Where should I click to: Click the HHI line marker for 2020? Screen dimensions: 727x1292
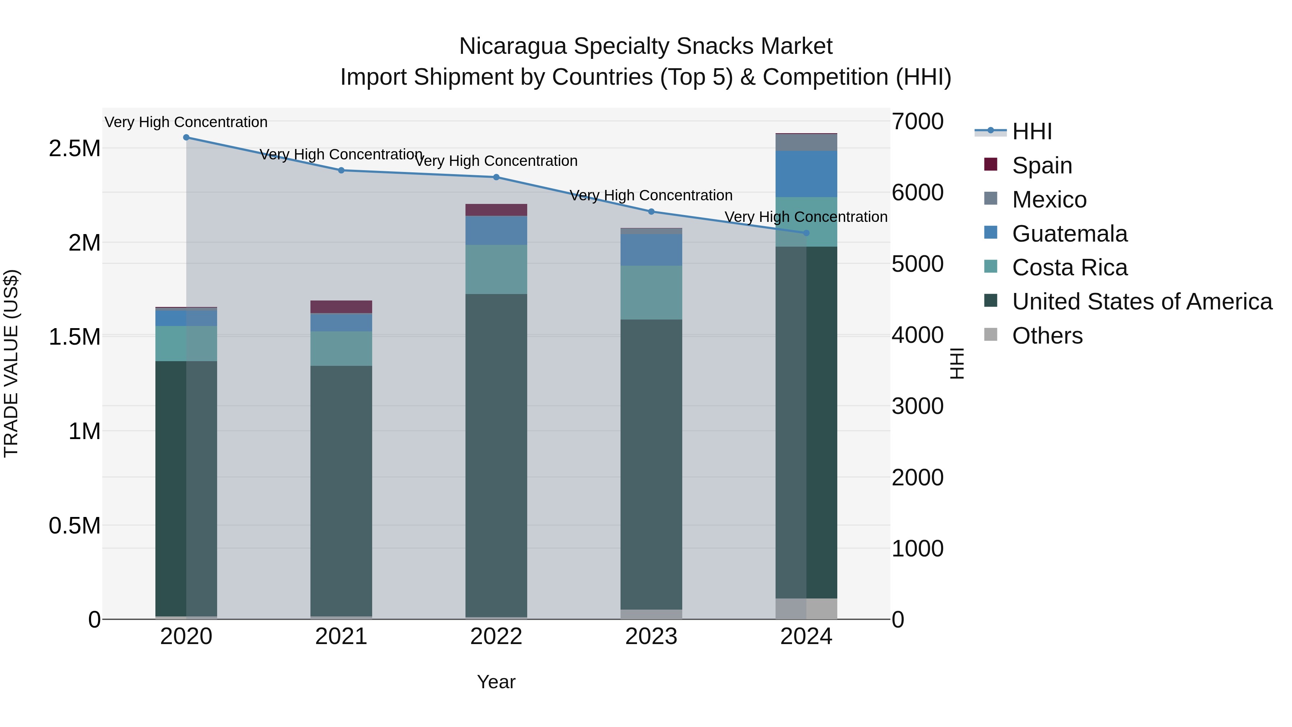(x=186, y=138)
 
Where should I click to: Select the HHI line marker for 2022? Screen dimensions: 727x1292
(x=496, y=177)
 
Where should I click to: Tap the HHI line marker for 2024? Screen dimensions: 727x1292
(x=806, y=233)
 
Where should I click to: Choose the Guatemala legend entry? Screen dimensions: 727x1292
(x=1069, y=234)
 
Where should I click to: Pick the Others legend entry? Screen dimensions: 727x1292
(x=1047, y=336)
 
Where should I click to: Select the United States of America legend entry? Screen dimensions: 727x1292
(x=1142, y=302)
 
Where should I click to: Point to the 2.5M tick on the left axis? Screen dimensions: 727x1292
(x=75, y=149)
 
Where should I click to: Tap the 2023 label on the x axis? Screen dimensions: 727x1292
(x=651, y=637)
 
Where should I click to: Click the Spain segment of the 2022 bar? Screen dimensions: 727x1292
(x=496, y=210)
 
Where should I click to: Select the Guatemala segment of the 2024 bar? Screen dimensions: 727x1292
(x=806, y=174)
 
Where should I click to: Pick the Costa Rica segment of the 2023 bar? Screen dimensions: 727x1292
(x=651, y=293)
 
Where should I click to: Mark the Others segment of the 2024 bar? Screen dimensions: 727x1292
(x=806, y=609)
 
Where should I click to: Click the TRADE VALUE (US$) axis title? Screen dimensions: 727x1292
(x=11, y=363)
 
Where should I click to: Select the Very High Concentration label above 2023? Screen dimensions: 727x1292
(x=651, y=195)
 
